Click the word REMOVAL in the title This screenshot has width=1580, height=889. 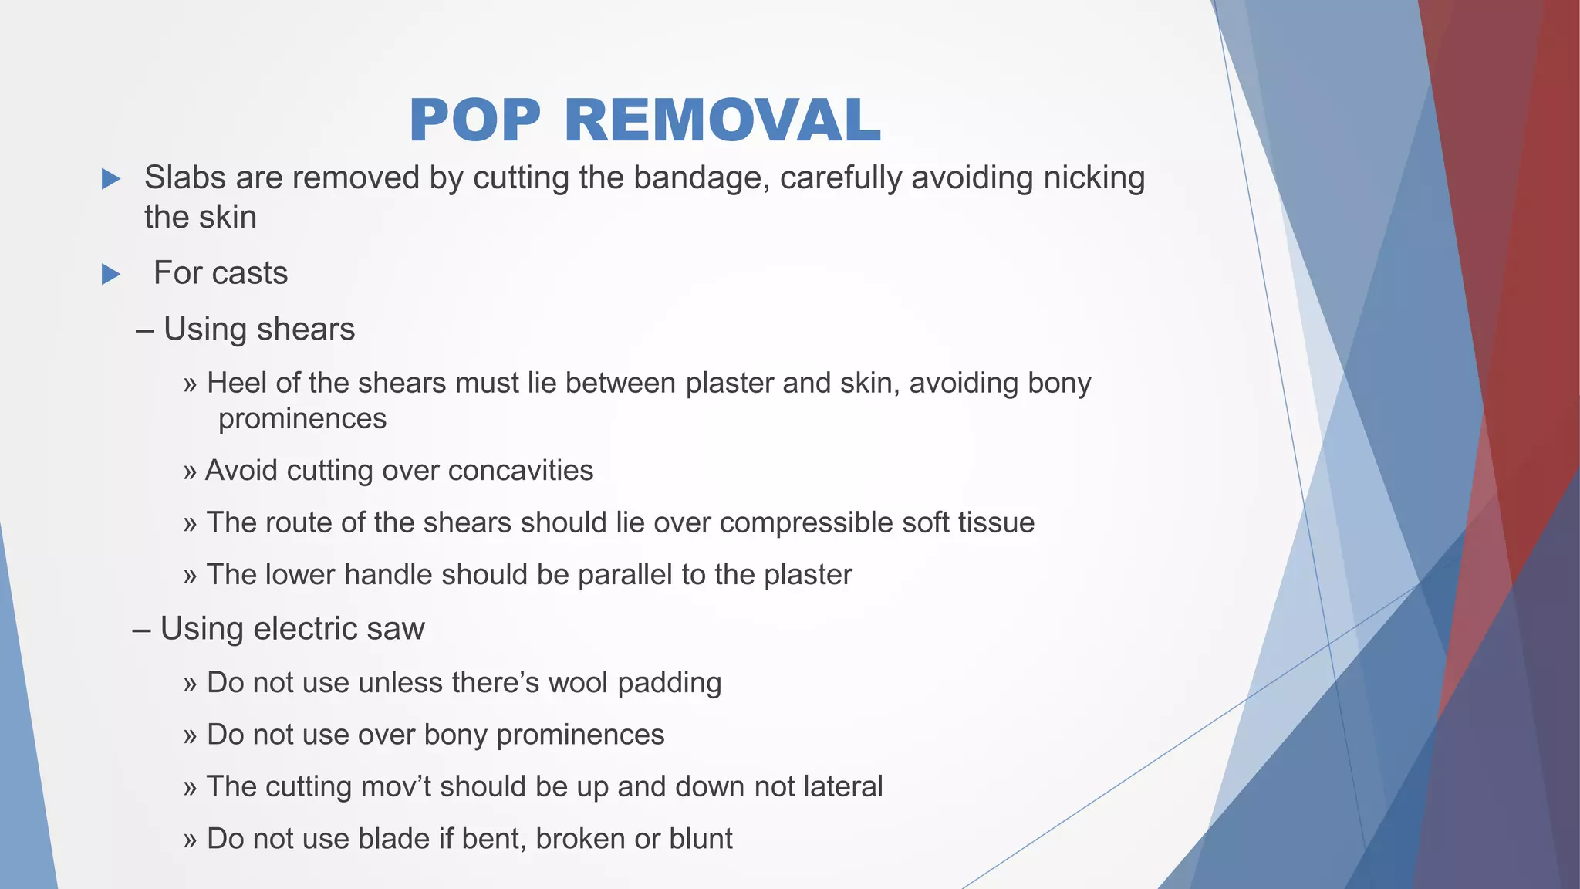tap(722, 121)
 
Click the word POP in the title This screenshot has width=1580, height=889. tap(474, 121)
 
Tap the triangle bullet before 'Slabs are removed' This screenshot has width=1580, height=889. tap(111, 179)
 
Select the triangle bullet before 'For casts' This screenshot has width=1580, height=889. tap(111, 274)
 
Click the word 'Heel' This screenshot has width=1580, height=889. tap(237, 383)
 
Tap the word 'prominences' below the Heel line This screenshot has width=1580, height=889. tap(302, 419)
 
